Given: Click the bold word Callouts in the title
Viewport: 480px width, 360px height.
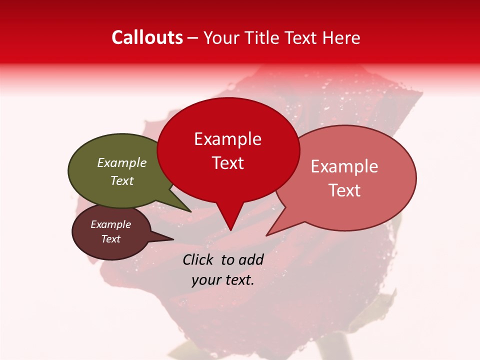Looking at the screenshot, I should [x=147, y=37].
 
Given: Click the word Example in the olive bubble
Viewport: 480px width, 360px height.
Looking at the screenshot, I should [x=122, y=163].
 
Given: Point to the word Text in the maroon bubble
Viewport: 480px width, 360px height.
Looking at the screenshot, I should [x=111, y=239].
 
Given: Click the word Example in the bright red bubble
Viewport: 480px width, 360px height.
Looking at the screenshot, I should [x=227, y=139].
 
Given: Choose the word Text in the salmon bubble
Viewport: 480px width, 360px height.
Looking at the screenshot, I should [x=344, y=190].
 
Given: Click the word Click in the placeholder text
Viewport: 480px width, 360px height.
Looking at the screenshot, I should [x=198, y=259].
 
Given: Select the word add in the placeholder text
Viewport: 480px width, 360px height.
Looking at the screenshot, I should [x=251, y=259].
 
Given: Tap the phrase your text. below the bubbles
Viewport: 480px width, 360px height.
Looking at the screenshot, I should [x=223, y=280].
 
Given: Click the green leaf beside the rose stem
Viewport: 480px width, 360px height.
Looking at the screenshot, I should [x=382, y=307].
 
